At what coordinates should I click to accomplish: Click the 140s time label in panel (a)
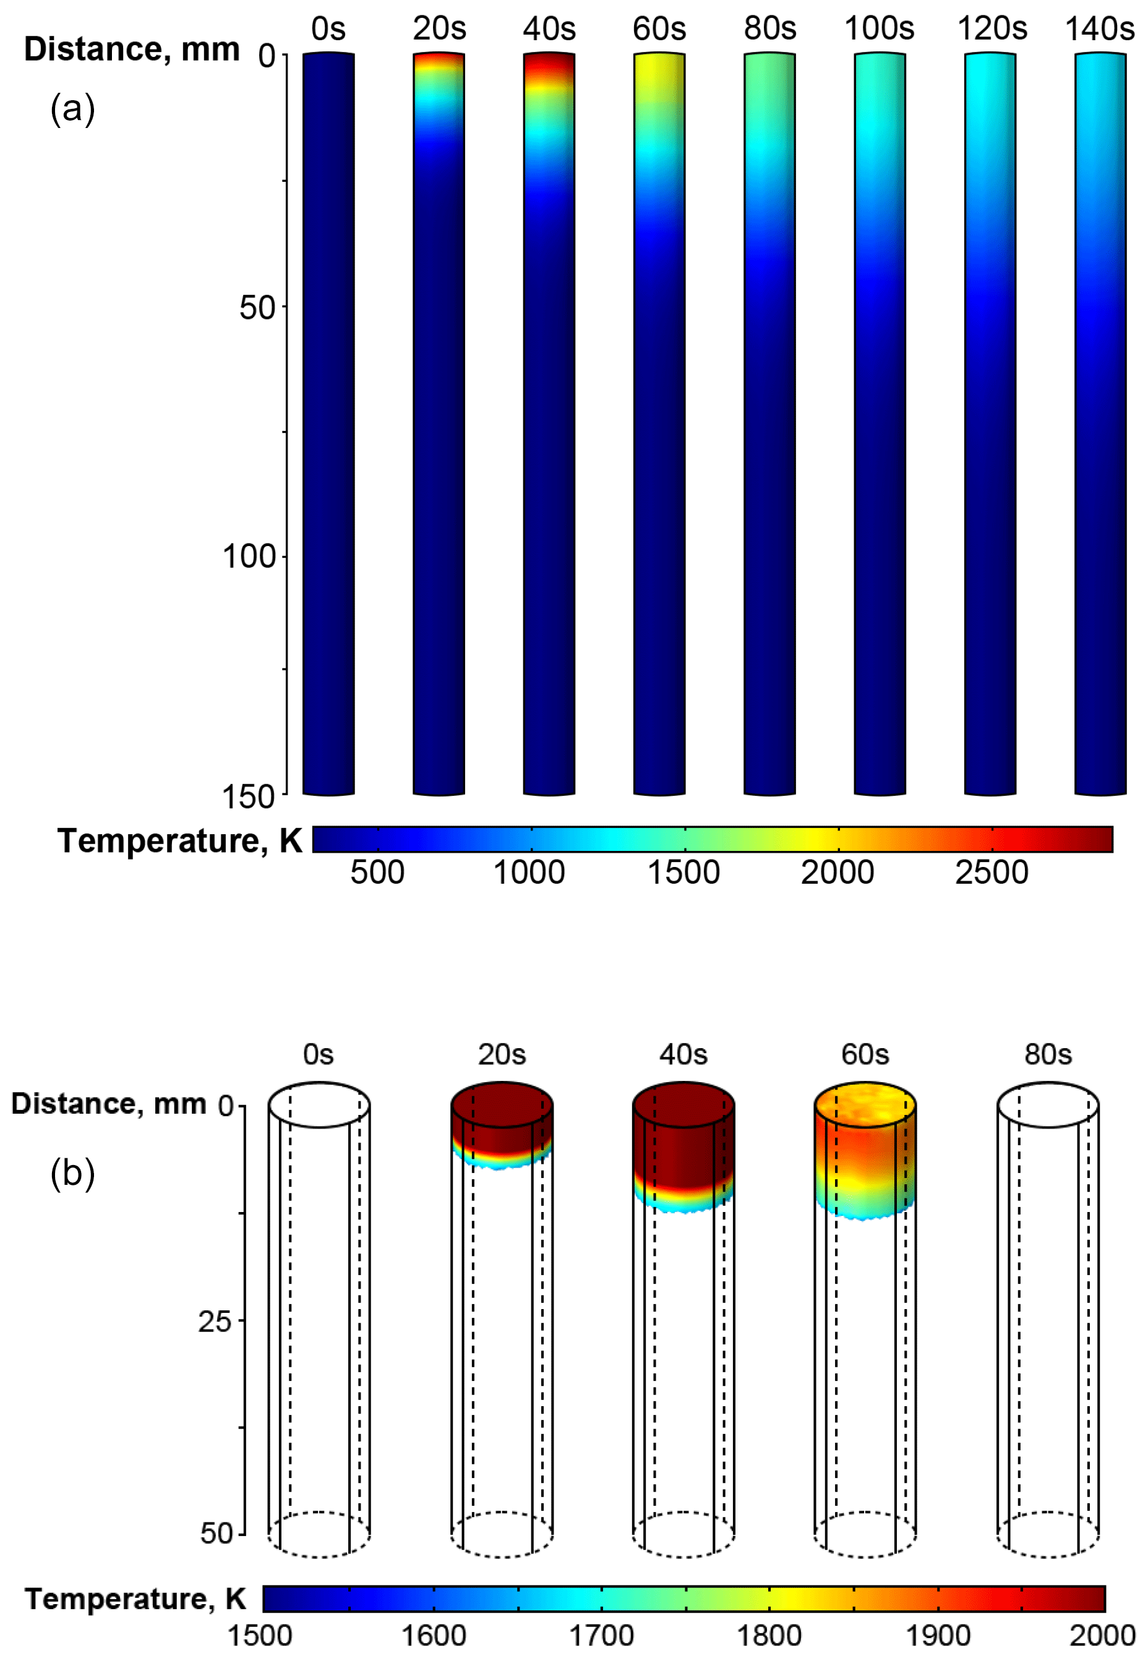point(1099,30)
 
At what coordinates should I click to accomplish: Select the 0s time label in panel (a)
point(328,30)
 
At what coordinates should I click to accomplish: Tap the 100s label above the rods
point(879,30)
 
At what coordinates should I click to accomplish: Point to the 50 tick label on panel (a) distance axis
point(257,308)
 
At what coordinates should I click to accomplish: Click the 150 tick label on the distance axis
point(248,796)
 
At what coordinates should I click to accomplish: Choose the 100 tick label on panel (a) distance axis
point(248,557)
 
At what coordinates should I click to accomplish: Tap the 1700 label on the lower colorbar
point(601,1635)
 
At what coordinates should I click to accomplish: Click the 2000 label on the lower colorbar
point(1102,1635)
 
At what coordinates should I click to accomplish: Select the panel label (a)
point(72,109)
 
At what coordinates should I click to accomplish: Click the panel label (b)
point(72,1174)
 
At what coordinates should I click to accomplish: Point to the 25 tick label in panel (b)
point(215,1322)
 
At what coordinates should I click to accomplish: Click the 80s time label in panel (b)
point(1047,1055)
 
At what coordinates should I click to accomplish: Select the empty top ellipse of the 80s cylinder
point(1047,1104)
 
